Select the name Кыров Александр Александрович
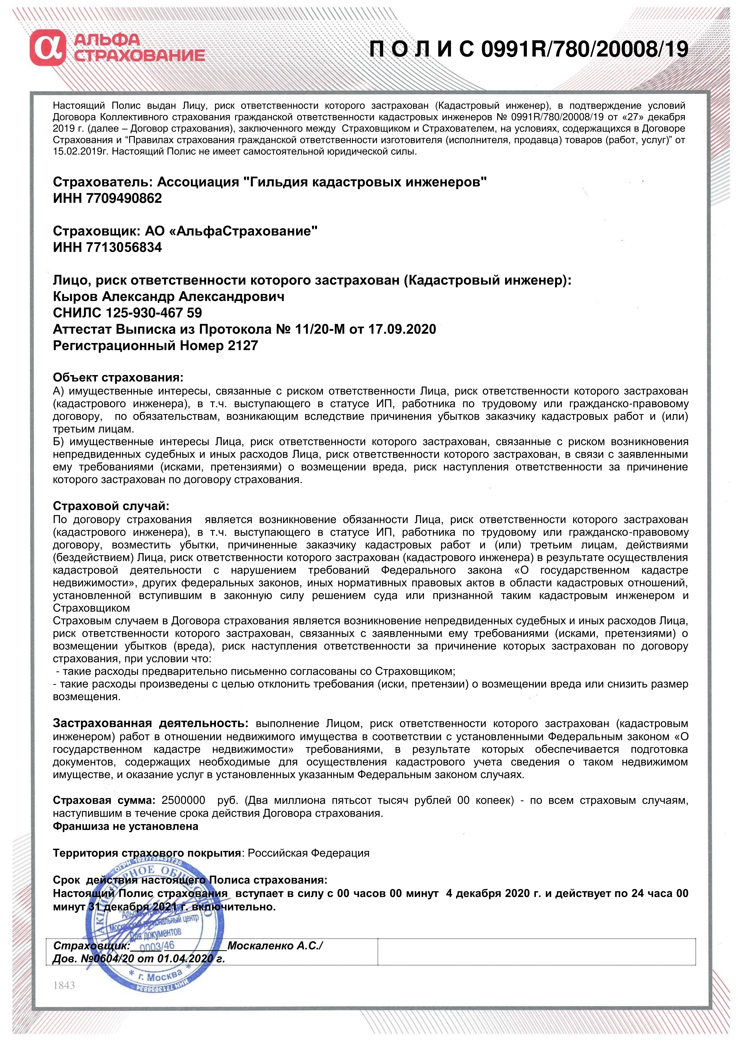(169, 297)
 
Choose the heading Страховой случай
(111, 506)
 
